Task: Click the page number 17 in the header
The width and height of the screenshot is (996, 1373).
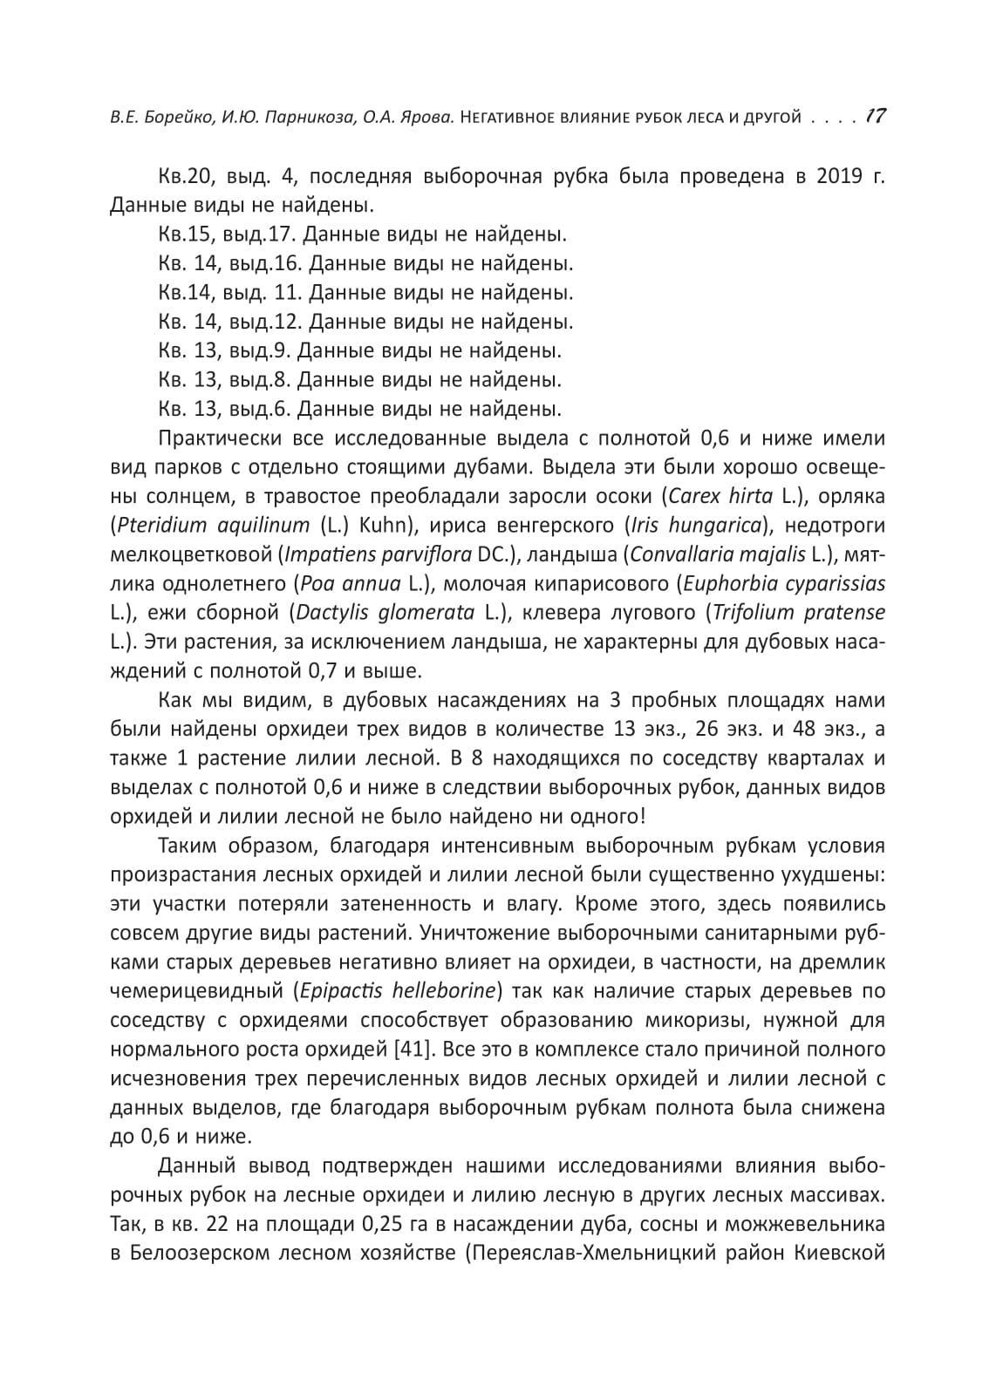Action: point(876,116)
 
